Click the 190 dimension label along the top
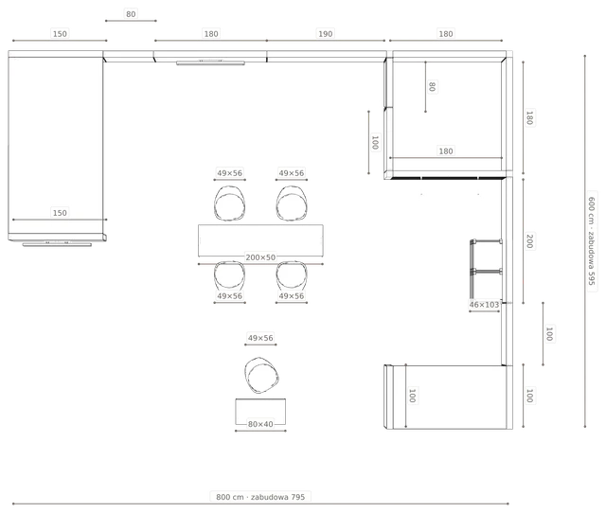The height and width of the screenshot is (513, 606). coord(325,34)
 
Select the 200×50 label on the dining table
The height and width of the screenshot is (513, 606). coord(260,257)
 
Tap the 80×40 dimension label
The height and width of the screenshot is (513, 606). coord(260,424)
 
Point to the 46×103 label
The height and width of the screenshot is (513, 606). coord(484,305)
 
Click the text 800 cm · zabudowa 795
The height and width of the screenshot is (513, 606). coord(260,497)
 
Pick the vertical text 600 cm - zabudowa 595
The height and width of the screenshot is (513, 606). coord(592,241)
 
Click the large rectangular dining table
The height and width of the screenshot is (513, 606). coord(260,240)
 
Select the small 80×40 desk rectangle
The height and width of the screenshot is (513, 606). coord(260,412)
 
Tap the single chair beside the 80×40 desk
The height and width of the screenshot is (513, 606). coord(261,375)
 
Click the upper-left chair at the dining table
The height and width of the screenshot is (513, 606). coord(229,203)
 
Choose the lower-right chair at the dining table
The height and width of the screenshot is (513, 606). coord(292,275)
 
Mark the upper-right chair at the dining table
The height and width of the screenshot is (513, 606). coord(292,203)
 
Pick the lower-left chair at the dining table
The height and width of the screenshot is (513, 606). coord(229,275)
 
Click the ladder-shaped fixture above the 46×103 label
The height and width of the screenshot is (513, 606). coord(486,269)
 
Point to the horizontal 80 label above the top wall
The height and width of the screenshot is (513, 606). coord(131,14)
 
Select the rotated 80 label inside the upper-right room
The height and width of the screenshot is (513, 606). coord(432,86)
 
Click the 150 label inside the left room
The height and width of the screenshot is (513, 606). coord(60,213)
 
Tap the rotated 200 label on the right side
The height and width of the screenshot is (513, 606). coord(530,241)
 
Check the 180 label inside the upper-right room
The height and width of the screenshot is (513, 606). coord(446,151)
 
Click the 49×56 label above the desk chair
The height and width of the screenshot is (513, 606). coord(260,338)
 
